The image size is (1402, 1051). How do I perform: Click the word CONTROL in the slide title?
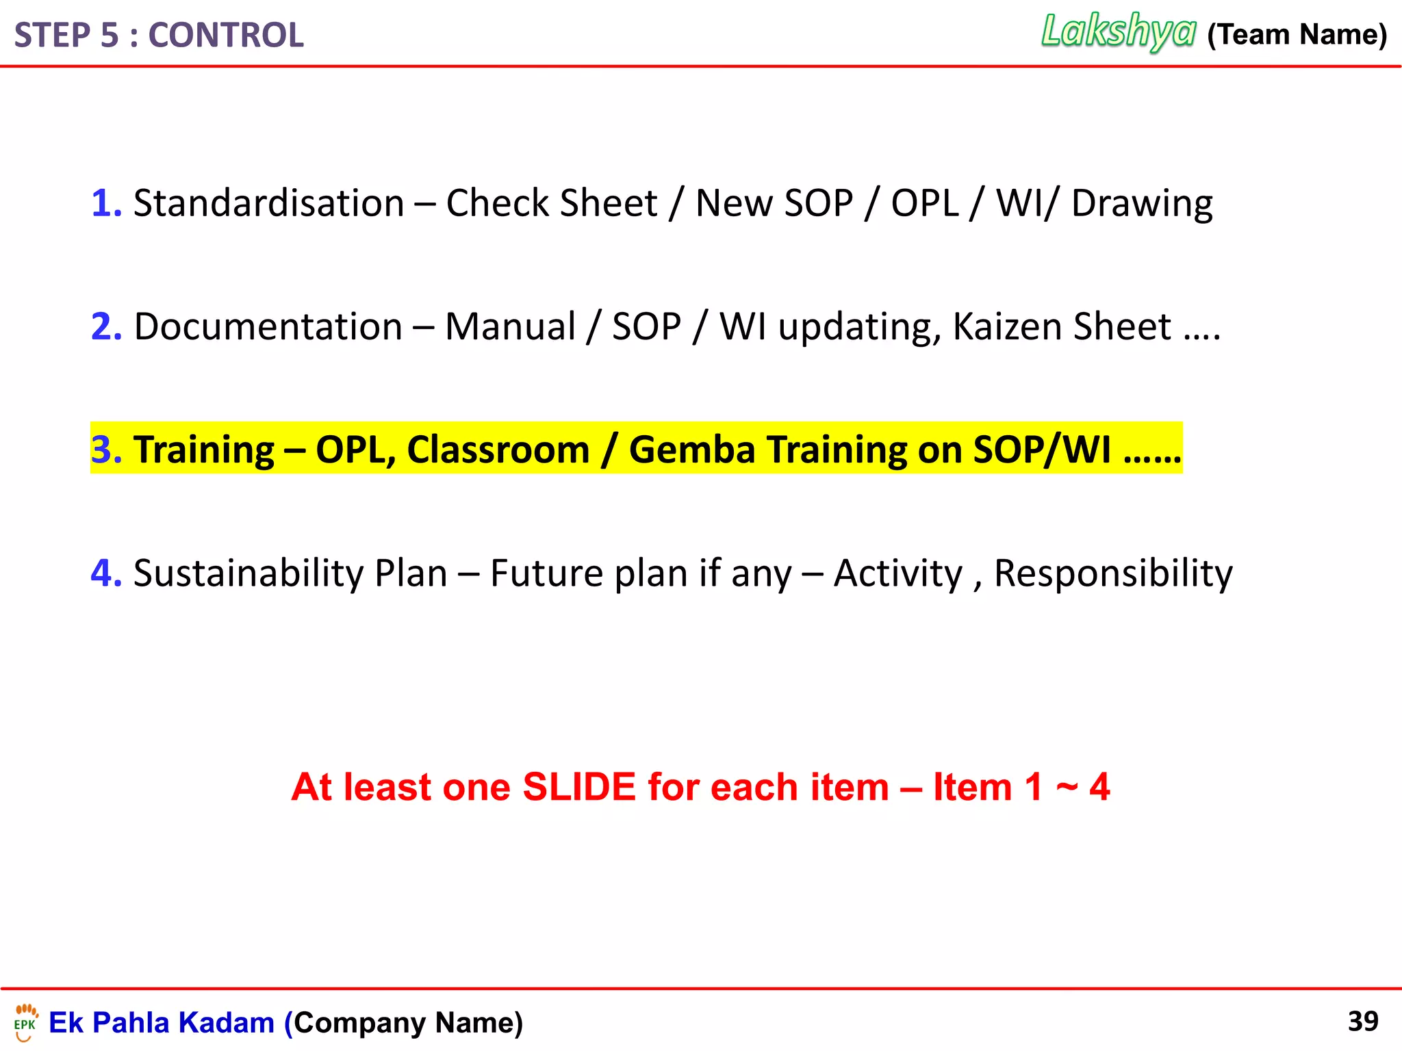(x=226, y=36)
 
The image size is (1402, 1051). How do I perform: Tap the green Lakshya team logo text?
(x=1118, y=31)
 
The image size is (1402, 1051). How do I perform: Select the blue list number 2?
(x=105, y=326)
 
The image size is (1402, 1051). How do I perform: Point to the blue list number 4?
(x=105, y=573)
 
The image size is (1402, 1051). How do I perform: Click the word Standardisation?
(x=268, y=203)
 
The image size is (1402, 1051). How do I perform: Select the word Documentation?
(x=268, y=326)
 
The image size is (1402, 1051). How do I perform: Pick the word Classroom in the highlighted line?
(x=498, y=450)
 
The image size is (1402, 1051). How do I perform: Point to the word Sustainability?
(x=248, y=573)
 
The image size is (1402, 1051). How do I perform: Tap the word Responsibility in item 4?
(x=1113, y=573)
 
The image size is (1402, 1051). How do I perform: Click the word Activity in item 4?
(x=898, y=573)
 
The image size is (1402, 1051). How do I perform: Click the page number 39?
(x=1362, y=1021)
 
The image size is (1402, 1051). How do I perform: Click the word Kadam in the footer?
(x=226, y=1022)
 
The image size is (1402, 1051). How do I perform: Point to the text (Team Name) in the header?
(x=1297, y=34)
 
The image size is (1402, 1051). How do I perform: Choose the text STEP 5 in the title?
(x=66, y=36)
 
